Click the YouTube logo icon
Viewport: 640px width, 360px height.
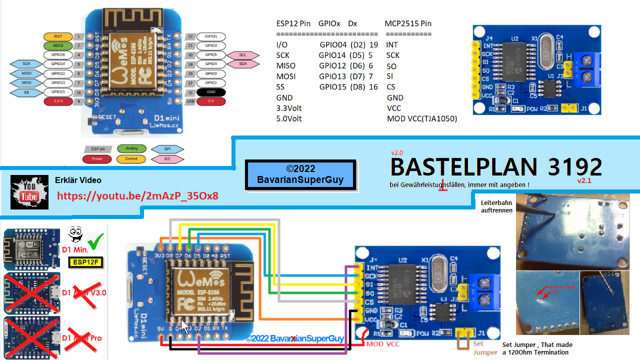(x=28, y=192)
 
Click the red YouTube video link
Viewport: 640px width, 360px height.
(x=137, y=195)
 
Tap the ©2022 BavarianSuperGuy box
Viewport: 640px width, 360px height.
(x=300, y=174)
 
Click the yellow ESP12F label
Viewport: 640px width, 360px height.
(x=85, y=261)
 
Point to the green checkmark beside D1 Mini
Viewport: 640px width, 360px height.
(x=96, y=241)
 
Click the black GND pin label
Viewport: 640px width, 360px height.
(x=210, y=92)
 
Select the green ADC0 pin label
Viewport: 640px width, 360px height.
(x=58, y=45)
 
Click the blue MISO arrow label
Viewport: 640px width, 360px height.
(x=26, y=73)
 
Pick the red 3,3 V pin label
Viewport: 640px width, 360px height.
(x=58, y=101)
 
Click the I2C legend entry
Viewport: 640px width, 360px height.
(x=167, y=159)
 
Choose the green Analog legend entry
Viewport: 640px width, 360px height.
(x=131, y=148)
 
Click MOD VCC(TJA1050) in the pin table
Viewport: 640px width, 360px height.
(x=421, y=119)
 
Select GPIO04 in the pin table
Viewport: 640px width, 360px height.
(x=333, y=45)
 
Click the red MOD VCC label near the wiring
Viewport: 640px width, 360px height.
(x=383, y=344)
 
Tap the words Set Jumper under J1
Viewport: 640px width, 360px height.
(x=478, y=347)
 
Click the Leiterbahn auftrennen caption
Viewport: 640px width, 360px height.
(x=496, y=206)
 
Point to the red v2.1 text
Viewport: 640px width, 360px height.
(x=584, y=181)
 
